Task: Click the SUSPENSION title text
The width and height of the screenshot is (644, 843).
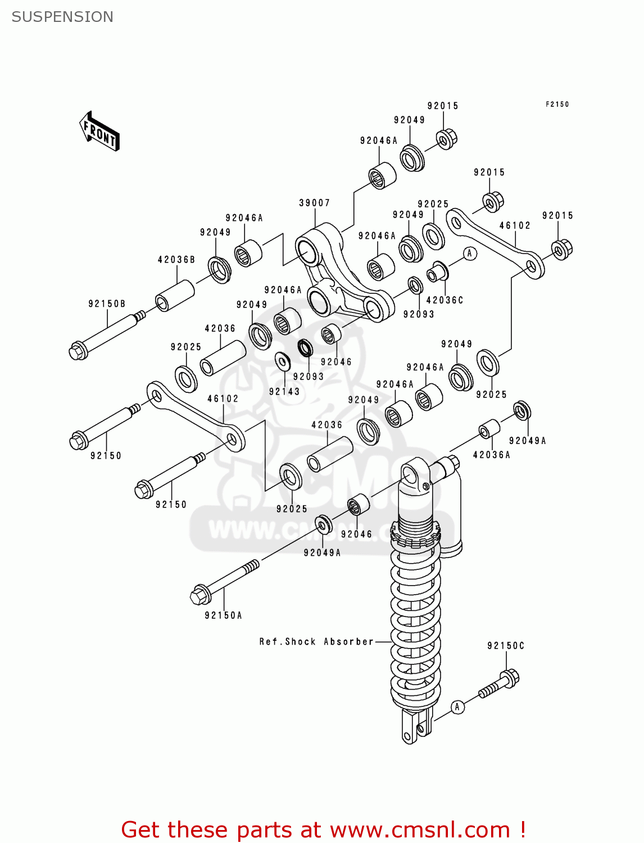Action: [x=62, y=17]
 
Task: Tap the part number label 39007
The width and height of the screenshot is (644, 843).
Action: [x=314, y=203]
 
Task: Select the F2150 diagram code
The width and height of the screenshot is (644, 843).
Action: [x=557, y=104]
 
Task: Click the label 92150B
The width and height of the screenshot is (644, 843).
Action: [x=107, y=304]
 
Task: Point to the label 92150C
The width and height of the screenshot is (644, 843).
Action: [x=506, y=646]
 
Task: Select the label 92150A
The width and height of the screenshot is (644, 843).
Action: [x=223, y=615]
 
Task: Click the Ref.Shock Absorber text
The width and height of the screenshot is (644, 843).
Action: [x=316, y=641]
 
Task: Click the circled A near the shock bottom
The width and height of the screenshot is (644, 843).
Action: [x=457, y=706]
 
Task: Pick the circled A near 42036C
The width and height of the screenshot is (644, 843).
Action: [x=470, y=253]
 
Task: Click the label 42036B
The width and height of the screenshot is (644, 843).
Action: [x=176, y=260]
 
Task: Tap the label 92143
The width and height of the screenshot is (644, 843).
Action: [x=284, y=392]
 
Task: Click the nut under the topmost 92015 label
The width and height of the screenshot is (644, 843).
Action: [x=446, y=138]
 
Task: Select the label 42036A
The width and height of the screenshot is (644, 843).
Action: [x=491, y=455]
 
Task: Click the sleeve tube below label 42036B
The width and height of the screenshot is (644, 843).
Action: [x=175, y=296]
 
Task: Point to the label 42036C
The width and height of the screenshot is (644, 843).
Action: [x=445, y=300]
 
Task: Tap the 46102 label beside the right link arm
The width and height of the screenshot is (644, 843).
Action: [x=515, y=225]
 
